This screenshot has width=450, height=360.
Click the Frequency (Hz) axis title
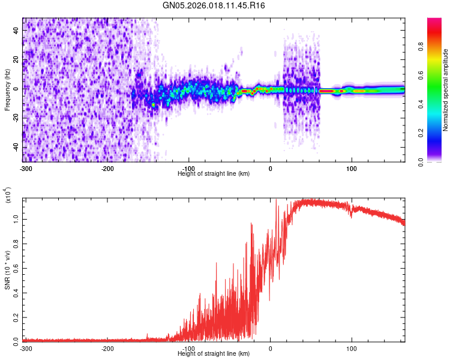(7, 90)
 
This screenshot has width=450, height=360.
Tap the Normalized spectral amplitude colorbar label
(446, 90)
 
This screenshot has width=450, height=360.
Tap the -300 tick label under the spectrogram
(26, 168)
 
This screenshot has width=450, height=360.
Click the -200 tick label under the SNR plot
(107, 349)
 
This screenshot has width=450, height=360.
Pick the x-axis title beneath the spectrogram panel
(214, 173)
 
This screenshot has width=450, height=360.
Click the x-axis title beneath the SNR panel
(214, 354)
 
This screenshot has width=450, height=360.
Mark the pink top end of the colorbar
(434, 22)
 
